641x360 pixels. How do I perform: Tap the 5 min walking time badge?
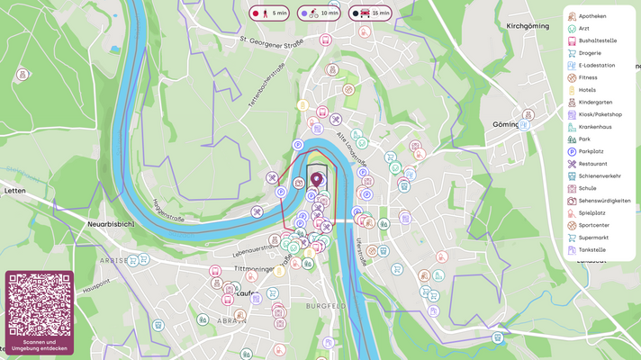click(270, 13)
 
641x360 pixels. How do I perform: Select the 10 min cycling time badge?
click(320, 13)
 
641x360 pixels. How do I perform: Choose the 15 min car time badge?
click(370, 13)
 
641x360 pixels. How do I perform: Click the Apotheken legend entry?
click(591, 16)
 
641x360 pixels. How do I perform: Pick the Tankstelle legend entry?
click(592, 249)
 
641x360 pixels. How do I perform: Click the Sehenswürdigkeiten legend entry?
click(604, 201)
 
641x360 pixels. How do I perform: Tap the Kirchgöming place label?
click(528, 27)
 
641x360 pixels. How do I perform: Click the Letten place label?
click(15, 191)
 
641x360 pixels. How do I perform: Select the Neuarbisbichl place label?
click(111, 220)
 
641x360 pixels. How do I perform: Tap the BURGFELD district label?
click(325, 306)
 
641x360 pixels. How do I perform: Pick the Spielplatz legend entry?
click(593, 212)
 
